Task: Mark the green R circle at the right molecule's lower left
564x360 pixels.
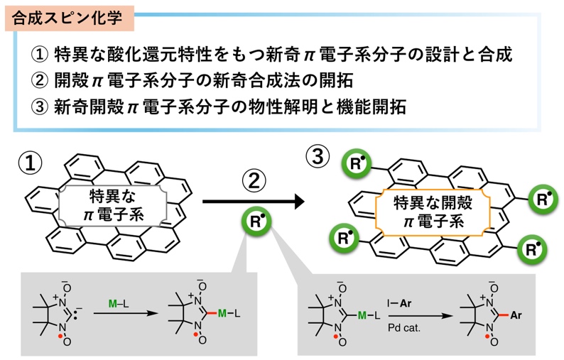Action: click(345, 235)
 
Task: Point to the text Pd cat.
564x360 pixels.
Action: click(402, 327)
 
